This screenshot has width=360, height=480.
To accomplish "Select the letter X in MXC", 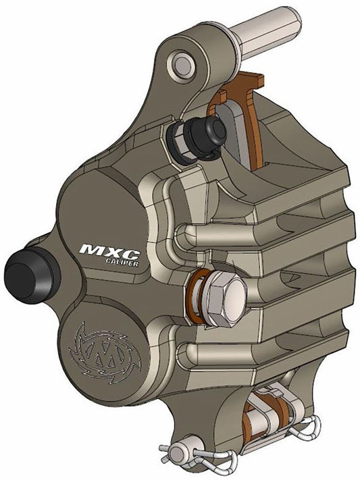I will [x=111, y=250].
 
